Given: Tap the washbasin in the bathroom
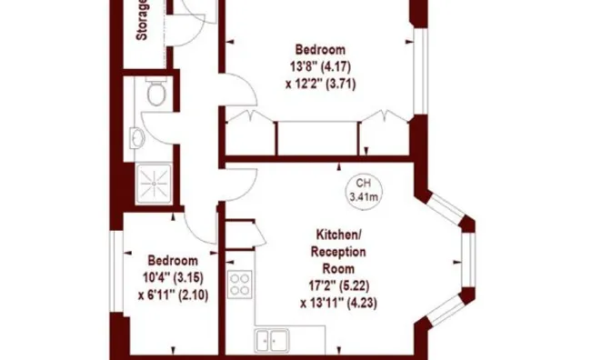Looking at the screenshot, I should point(137,137).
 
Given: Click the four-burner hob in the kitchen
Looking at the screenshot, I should point(241,284).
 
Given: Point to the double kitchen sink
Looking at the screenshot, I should point(272,341).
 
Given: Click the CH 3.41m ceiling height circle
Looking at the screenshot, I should point(364,189).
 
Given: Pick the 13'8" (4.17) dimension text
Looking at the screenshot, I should point(319,66).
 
